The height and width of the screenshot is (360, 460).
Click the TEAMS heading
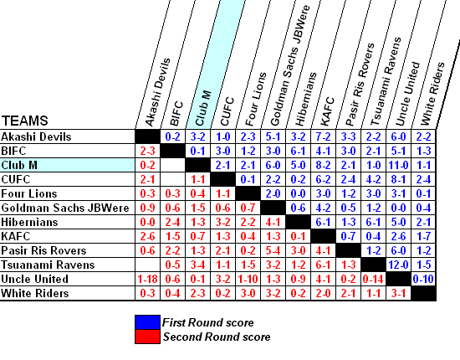(x=24, y=121)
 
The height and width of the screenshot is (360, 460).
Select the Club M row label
(x=19, y=165)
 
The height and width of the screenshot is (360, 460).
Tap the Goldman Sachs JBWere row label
(x=65, y=208)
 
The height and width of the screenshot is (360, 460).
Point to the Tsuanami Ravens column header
(x=386, y=82)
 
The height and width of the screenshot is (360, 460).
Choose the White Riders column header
(x=432, y=94)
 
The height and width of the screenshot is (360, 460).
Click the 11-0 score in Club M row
(x=398, y=165)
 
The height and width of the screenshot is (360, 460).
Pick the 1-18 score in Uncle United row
(x=147, y=279)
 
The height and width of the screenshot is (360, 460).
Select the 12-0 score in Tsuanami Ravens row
(x=398, y=265)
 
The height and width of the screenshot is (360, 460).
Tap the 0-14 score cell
(x=373, y=279)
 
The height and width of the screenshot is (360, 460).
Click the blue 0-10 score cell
(x=423, y=279)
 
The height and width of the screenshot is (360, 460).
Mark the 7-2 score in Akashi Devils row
(x=323, y=136)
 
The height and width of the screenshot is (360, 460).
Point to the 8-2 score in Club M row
(x=323, y=165)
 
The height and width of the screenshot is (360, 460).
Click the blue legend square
(x=147, y=322)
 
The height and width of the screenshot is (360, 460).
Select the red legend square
(x=147, y=337)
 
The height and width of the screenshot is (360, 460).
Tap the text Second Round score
(x=217, y=337)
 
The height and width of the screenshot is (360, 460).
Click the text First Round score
(x=208, y=322)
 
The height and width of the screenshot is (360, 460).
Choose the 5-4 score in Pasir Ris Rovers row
(x=273, y=250)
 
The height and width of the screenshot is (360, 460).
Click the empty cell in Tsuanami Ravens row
(x=147, y=265)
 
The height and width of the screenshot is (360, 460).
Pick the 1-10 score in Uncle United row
(x=248, y=279)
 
